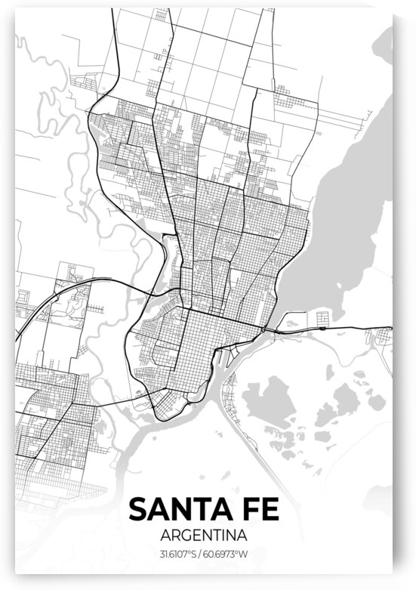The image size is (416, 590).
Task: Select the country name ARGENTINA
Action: pos(205,535)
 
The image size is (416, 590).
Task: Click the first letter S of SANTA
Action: pos(138,509)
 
